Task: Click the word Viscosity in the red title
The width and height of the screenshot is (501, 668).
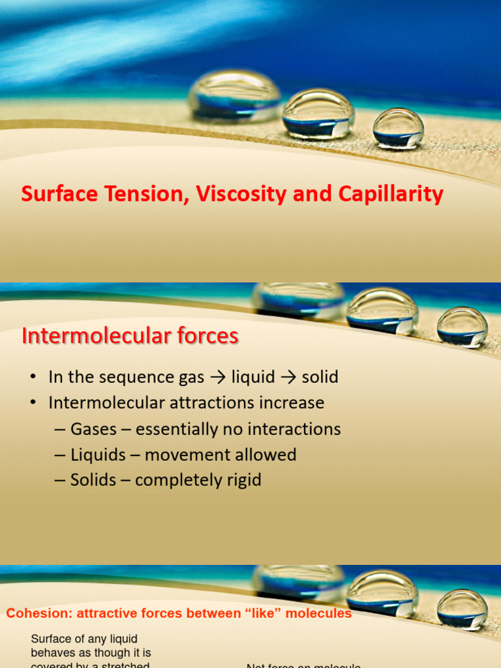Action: pyautogui.click(x=239, y=194)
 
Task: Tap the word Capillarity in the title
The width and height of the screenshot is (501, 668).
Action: pyautogui.click(x=390, y=194)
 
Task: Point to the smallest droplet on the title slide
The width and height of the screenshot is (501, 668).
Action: pyautogui.click(x=399, y=127)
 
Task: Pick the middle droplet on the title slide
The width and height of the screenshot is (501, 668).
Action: pyautogui.click(x=318, y=114)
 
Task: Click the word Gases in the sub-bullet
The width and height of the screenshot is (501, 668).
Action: pyautogui.click(x=94, y=429)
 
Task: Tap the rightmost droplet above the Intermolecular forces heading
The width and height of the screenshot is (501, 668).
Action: pyautogui.click(x=462, y=326)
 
